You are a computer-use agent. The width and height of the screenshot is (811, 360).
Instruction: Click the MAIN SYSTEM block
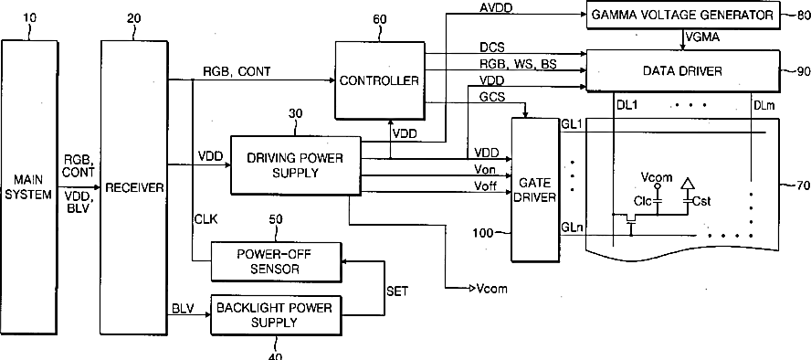29,187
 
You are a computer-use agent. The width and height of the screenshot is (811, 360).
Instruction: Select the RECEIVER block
134,187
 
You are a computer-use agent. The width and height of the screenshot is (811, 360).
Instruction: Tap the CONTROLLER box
380,80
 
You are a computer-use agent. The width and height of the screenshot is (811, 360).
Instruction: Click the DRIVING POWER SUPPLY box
295,165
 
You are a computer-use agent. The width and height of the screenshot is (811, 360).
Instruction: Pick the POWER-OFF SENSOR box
276,261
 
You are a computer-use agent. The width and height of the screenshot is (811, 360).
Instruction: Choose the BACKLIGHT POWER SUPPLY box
276,315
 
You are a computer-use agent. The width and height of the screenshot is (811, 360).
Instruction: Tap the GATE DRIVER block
535,189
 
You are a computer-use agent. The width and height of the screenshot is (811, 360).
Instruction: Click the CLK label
205,219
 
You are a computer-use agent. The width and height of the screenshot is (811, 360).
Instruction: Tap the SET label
396,291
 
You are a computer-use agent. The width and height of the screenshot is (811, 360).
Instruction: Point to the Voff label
486,186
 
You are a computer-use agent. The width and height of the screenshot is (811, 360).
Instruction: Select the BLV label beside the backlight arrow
183,309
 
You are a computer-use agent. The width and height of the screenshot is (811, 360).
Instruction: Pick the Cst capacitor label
701,201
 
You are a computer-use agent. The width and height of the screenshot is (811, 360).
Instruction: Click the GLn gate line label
572,227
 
